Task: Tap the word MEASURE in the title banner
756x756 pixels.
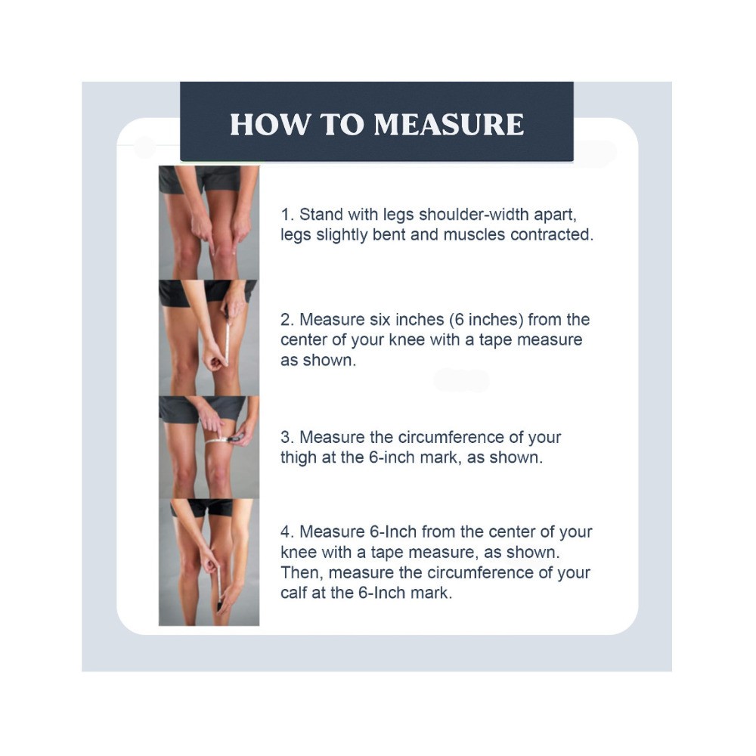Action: (449, 124)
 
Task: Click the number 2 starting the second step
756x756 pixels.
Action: (287, 320)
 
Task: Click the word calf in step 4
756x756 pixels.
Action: (293, 593)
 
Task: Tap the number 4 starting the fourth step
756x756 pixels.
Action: (287, 531)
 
